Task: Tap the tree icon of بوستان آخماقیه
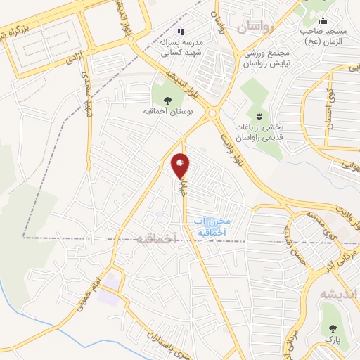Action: pos(167,99)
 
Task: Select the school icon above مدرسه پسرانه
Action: pos(181,32)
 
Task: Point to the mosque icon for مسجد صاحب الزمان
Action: pos(323,20)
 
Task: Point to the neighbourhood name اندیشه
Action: pos(339,294)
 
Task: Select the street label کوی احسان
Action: pos(328,105)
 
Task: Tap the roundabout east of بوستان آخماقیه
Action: pos(212,112)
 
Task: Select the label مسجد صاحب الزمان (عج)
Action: pos(324,35)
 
